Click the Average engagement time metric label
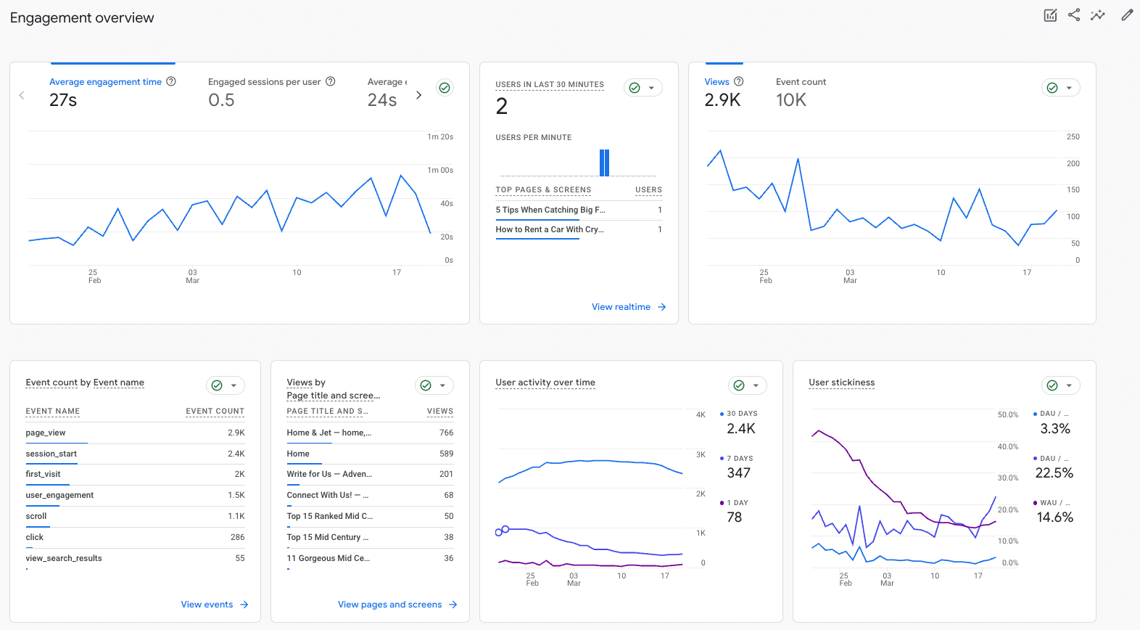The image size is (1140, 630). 105,82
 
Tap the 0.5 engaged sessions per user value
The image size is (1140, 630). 221,100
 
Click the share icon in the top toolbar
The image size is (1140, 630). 1074,15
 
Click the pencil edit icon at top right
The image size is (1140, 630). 1126,15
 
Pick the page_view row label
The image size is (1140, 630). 46,433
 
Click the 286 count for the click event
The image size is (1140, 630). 237,537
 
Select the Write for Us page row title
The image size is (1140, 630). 329,474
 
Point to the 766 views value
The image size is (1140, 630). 446,433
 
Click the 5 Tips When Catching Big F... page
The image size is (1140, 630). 550,210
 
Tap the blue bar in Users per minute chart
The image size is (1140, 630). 604,163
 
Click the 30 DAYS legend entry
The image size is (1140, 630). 741,414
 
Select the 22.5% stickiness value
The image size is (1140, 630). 1054,473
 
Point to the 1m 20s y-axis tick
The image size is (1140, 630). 439,136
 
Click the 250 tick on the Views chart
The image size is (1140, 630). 1073,136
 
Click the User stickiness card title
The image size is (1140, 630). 841,382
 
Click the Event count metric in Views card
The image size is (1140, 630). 801,82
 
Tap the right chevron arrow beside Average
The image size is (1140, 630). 418,95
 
